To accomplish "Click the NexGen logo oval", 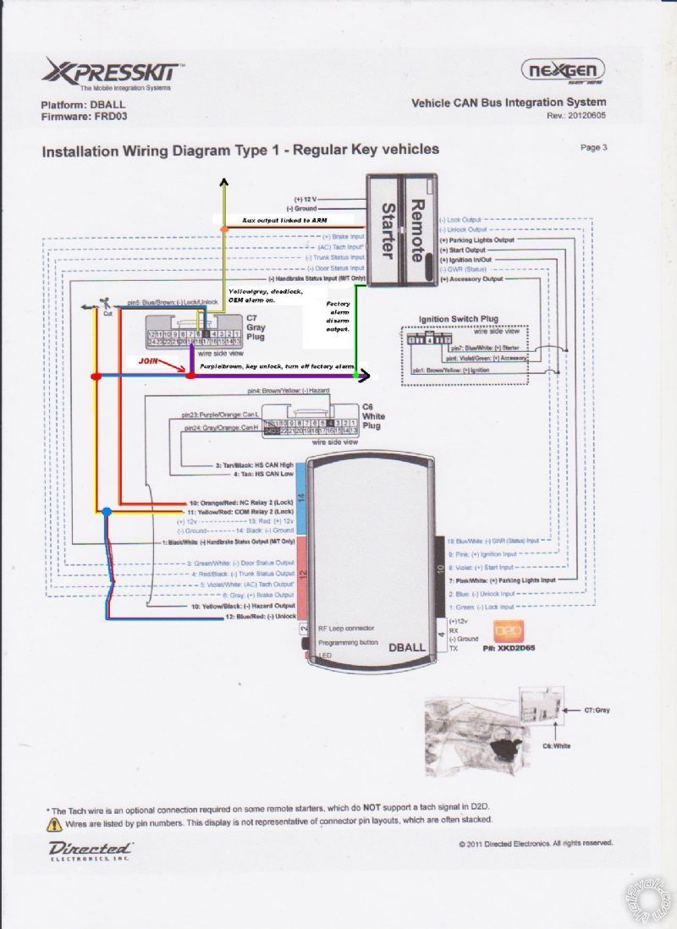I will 563,69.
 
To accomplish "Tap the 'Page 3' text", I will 593,147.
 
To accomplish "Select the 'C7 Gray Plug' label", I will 255,327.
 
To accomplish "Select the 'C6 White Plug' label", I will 372,416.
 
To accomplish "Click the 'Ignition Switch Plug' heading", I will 459,319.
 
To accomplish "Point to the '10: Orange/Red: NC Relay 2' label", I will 242,503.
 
